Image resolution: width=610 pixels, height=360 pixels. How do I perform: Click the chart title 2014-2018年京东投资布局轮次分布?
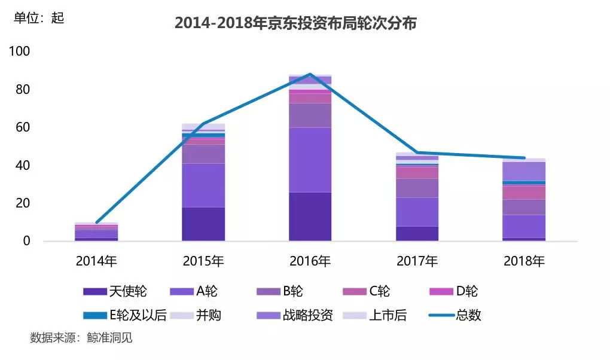295,23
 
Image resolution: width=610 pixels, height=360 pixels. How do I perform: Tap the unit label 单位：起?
39,18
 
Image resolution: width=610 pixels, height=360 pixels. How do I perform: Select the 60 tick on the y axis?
23,127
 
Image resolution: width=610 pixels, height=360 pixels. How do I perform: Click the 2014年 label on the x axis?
96,261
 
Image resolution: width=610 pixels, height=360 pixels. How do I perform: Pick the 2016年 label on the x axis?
310,261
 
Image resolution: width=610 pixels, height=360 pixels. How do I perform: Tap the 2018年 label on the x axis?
524,261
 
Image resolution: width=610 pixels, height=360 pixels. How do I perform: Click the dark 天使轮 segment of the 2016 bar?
310,216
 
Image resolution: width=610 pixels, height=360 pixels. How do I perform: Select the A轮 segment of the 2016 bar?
310,160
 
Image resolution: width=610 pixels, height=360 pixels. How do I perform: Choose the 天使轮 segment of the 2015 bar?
203,224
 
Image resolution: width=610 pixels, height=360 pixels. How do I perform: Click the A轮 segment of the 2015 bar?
203,185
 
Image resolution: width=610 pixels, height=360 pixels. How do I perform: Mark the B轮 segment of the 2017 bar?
417,188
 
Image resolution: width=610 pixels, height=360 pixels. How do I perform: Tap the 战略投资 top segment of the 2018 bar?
524,171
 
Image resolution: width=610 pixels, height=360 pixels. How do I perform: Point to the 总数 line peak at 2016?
310,74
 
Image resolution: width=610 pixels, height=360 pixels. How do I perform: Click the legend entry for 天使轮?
114,292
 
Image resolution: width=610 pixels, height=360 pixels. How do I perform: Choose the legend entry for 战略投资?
295,315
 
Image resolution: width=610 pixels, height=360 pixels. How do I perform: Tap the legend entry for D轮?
454,292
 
